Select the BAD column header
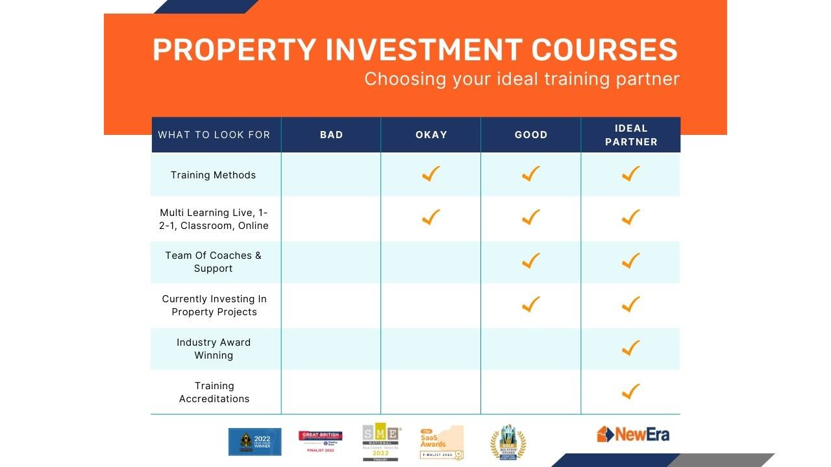coord(331,135)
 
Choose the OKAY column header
coord(431,135)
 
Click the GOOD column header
coord(531,135)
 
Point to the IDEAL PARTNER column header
coord(631,135)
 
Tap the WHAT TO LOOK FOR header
coord(214,135)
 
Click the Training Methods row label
coord(213,175)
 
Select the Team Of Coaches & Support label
coord(213,261)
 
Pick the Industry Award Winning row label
coord(214,348)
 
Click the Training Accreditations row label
coord(214,392)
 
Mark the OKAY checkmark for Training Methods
coord(430,174)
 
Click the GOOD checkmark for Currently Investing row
coord(531,304)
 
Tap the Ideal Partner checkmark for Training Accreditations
coord(630,391)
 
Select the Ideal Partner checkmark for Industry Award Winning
coord(630,348)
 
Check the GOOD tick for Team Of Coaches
coord(531,260)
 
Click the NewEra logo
coord(633,434)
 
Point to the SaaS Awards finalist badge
coord(441,442)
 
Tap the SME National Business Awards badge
coord(382,443)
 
